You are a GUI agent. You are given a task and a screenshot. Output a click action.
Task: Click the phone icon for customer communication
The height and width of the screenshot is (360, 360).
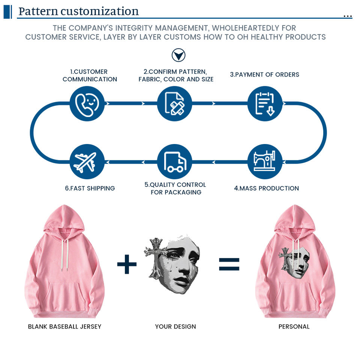87,103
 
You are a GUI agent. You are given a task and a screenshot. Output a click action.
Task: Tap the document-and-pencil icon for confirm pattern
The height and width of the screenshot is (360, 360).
174,103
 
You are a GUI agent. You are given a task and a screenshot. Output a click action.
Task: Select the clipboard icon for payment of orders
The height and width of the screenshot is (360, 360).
265,103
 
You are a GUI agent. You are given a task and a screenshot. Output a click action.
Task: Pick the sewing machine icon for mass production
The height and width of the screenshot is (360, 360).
264,161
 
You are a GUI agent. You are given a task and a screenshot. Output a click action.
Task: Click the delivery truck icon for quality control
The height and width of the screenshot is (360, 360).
174,162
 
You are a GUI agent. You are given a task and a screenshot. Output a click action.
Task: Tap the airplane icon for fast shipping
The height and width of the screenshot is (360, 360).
87,162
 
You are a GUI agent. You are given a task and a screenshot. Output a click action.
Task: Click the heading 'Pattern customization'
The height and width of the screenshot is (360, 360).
78,11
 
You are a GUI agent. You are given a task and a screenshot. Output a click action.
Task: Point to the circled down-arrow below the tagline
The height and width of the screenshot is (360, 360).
178,55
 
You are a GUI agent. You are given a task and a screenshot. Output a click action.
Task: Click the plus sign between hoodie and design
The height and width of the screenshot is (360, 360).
127,265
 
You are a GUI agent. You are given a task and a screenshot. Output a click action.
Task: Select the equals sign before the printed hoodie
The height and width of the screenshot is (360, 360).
229,264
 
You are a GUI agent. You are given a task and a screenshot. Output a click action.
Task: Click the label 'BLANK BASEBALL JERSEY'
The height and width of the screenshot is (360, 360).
64,327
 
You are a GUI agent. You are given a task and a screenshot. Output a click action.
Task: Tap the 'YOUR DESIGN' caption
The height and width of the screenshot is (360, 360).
175,327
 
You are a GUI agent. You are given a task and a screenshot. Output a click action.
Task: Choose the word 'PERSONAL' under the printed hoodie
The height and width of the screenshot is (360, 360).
294,327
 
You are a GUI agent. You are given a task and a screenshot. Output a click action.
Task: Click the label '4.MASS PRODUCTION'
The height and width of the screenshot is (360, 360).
267,188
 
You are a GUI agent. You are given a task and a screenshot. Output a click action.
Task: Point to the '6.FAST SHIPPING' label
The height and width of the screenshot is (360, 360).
90,188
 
